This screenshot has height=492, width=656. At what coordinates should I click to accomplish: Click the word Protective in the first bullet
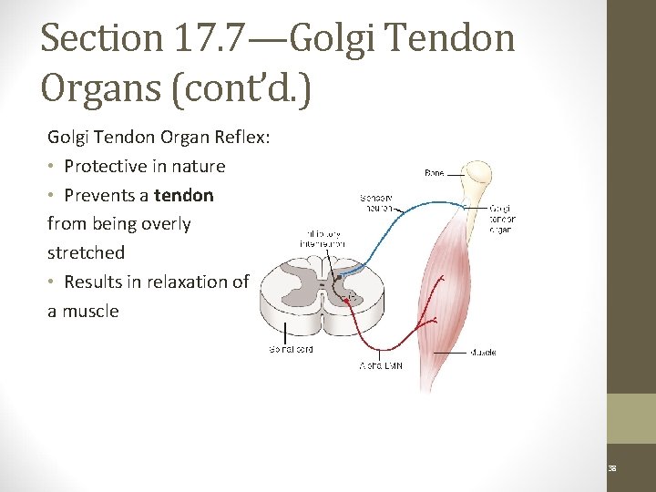106,166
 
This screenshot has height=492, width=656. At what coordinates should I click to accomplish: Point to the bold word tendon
184,195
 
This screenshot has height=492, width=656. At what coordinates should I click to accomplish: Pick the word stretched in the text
86,252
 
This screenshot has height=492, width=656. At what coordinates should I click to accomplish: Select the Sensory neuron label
376,201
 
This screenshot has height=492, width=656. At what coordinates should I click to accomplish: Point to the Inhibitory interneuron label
322,238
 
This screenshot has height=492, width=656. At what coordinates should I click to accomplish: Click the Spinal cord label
292,350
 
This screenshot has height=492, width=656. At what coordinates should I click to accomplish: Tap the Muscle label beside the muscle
483,352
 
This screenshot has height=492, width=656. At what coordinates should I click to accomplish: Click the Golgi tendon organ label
502,219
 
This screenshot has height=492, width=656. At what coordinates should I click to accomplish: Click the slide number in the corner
612,467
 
